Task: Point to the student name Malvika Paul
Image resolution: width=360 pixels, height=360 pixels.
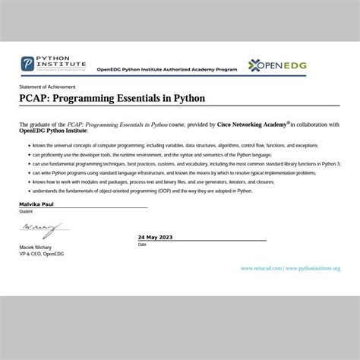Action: (38, 205)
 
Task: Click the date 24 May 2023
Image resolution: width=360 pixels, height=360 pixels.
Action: (156, 238)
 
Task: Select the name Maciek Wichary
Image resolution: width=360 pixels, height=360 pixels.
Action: (37, 247)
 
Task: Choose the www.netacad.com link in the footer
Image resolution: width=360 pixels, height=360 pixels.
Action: (261, 268)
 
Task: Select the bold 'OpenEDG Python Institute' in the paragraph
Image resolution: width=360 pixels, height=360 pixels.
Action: (53, 130)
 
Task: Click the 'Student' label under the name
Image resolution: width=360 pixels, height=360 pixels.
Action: (26, 211)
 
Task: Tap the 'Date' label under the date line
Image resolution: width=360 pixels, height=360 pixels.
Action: (142, 245)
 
